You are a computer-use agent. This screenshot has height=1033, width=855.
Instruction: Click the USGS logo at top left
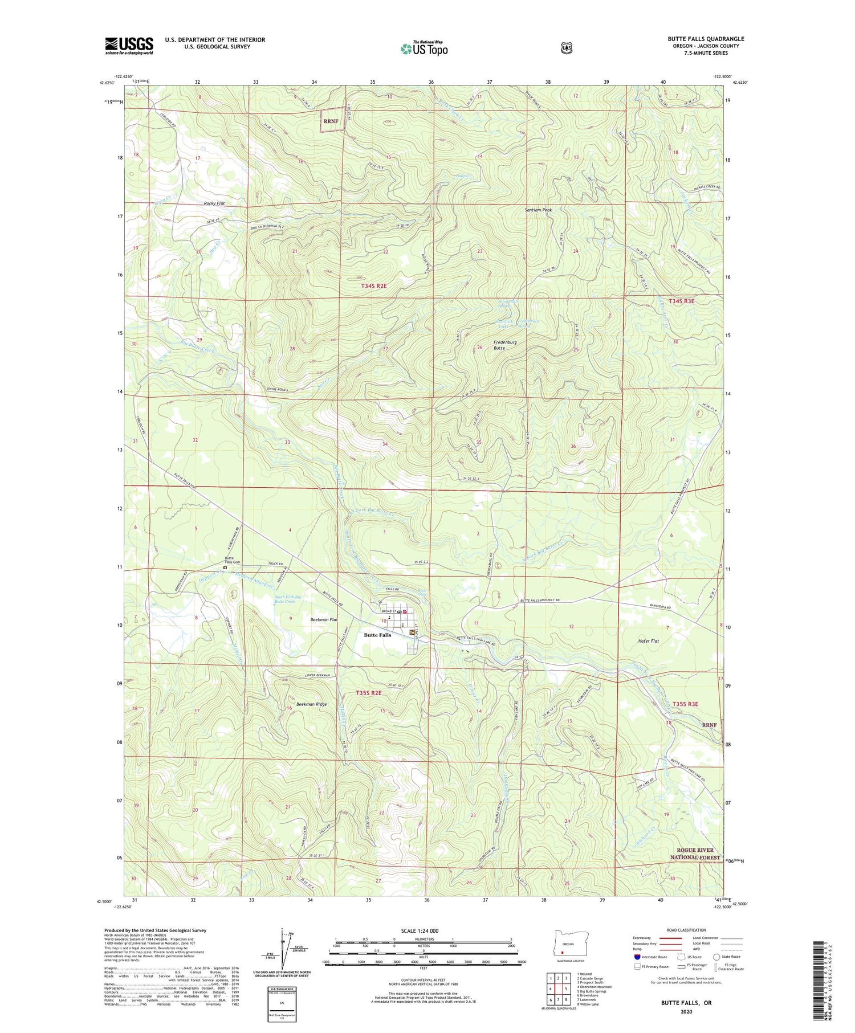[x=129, y=46]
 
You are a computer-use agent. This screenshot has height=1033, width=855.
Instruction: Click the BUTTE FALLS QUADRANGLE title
[x=706, y=39]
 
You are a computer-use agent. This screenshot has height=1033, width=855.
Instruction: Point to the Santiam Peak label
[x=538, y=210]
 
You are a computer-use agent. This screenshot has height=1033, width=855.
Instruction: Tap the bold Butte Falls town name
[x=377, y=635]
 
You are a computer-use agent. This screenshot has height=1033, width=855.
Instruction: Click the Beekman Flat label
[x=324, y=619]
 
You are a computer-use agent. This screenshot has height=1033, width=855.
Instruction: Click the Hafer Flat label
[x=648, y=641]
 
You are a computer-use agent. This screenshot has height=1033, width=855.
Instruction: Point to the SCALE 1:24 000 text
[x=420, y=931]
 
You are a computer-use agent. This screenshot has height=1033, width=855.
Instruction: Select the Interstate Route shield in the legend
[x=637, y=957]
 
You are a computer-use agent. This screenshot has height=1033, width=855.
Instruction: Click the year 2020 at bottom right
[x=686, y=1012]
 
